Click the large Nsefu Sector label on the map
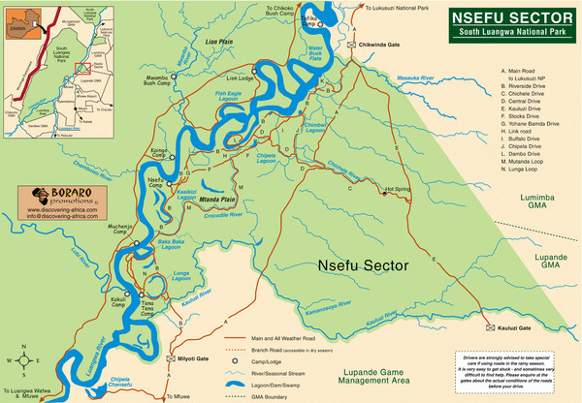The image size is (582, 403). (x=359, y=263)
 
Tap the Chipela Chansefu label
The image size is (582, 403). (x=120, y=383)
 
